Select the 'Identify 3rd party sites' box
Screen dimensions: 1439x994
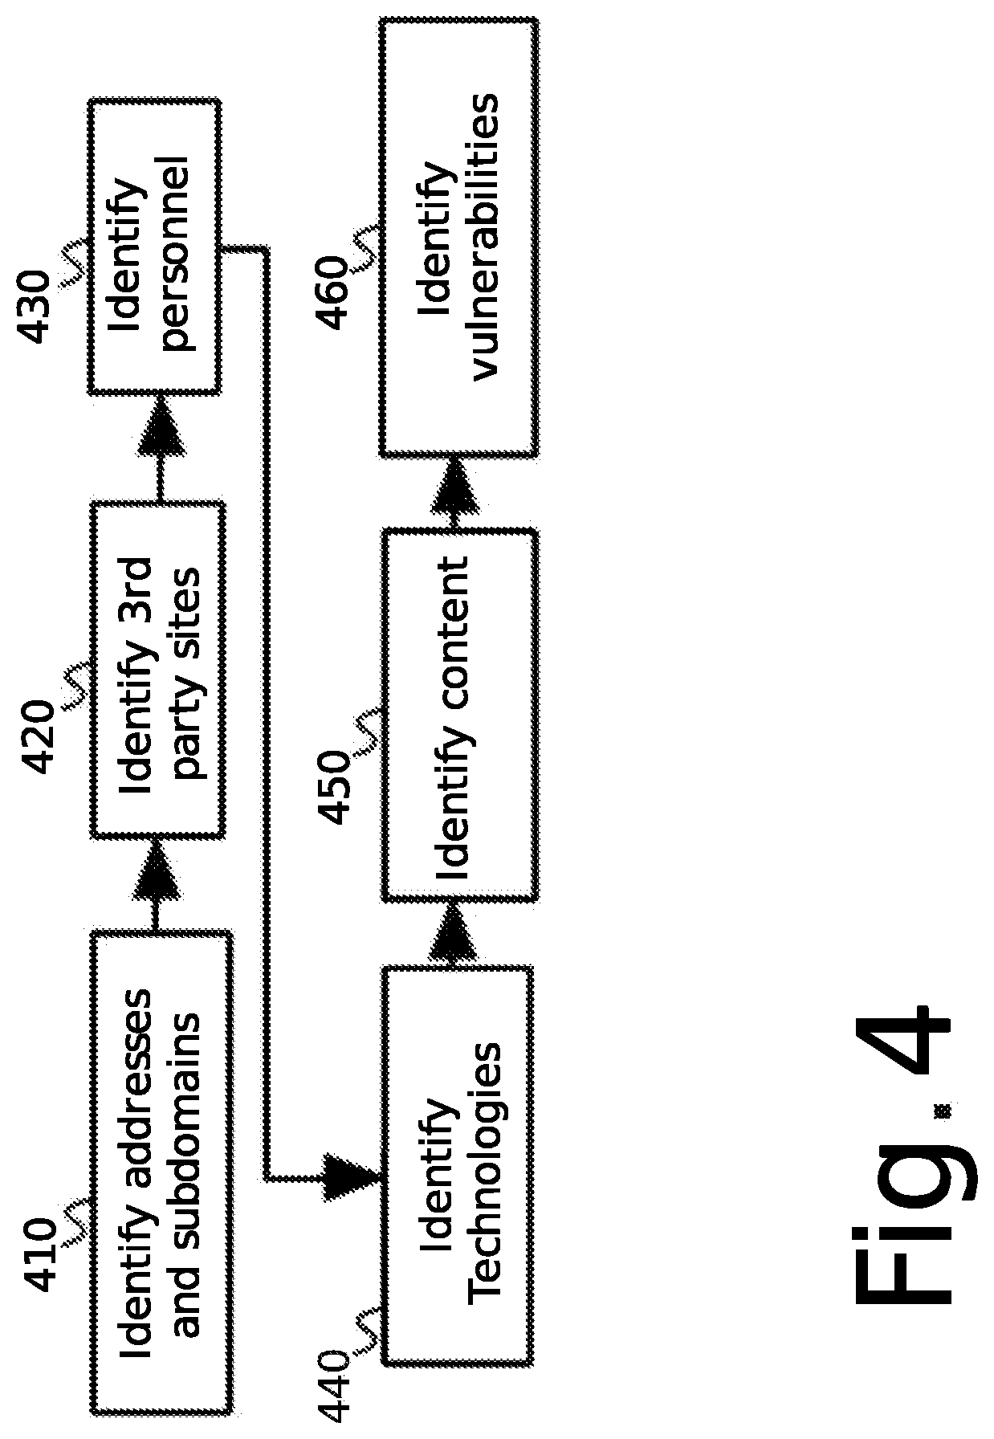(157, 670)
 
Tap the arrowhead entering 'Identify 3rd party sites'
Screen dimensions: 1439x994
(154, 881)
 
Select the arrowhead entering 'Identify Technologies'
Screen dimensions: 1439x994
(351, 1178)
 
